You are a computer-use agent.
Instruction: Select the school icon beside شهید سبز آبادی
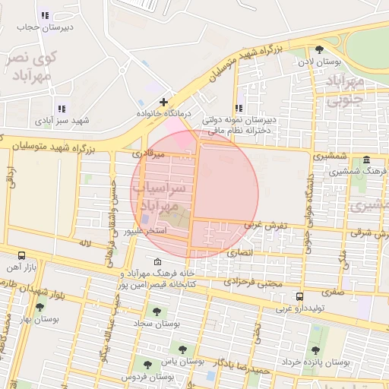click(61, 109)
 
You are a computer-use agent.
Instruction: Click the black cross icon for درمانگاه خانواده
click(163, 102)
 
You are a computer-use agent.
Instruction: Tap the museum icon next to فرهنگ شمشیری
click(367, 160)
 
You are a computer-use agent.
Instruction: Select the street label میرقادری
click(148, 153)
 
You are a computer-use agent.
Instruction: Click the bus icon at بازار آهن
click(21, 256)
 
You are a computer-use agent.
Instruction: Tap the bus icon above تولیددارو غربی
click(300, 296)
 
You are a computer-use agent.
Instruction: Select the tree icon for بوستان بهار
click(39, 307)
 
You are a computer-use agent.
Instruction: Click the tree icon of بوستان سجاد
click(157, 312)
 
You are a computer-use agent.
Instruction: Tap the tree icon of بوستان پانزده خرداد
click(315, 350)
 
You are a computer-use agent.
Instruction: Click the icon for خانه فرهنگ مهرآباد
click(157, 262)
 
